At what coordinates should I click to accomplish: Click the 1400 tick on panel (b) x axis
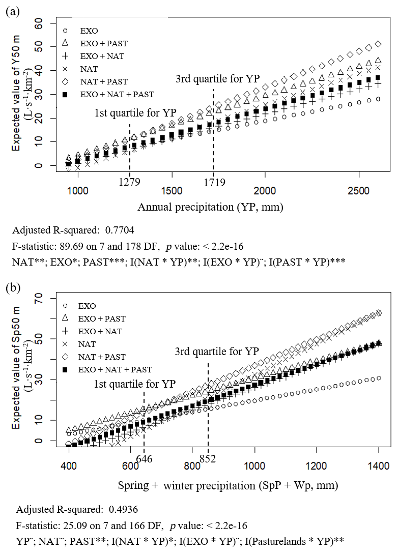379,465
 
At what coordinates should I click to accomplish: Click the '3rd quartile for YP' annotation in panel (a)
217,79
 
